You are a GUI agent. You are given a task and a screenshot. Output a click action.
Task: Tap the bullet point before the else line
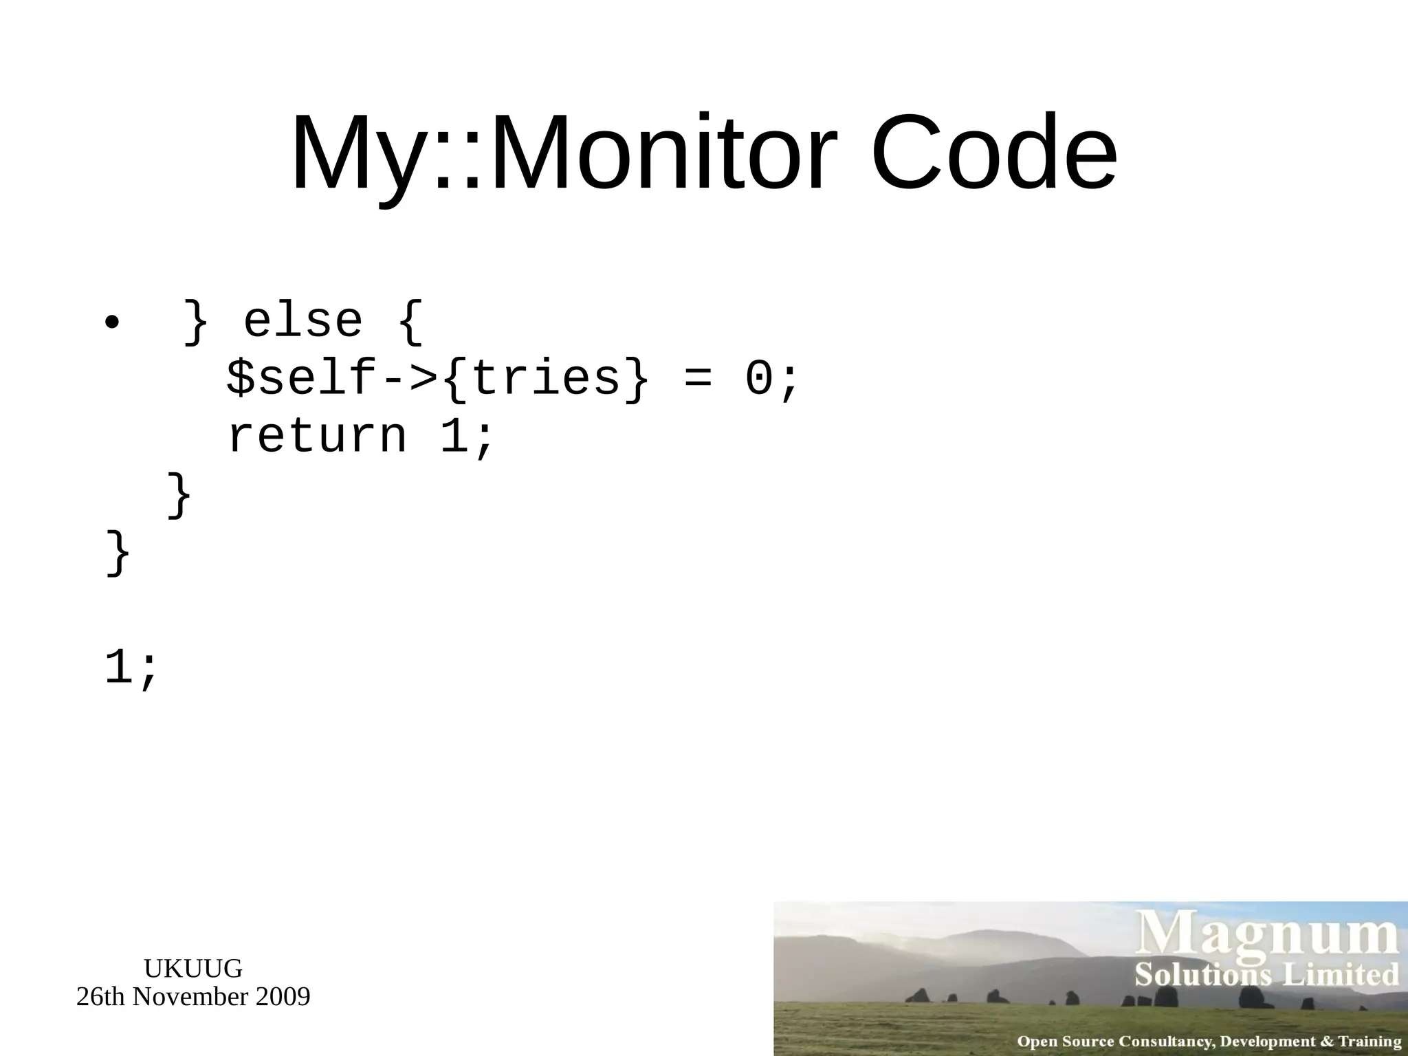click(112, 323)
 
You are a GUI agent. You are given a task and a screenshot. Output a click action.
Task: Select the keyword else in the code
click(302, 321)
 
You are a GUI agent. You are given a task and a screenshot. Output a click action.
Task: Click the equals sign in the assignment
click(698, 379)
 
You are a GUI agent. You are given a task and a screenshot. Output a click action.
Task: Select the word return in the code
click(317, 437)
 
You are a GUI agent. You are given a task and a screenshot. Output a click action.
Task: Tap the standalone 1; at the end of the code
click(131, 668)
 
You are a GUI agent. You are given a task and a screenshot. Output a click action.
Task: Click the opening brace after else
click(410, 322)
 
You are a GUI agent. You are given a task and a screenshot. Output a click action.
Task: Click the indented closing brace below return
click(179, 495)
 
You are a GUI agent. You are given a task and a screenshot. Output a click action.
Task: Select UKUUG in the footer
click(192, 969)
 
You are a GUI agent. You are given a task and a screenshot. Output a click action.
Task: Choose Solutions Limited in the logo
click(1266, 975)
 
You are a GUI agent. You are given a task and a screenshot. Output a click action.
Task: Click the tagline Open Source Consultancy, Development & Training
click(1209, 1041)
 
